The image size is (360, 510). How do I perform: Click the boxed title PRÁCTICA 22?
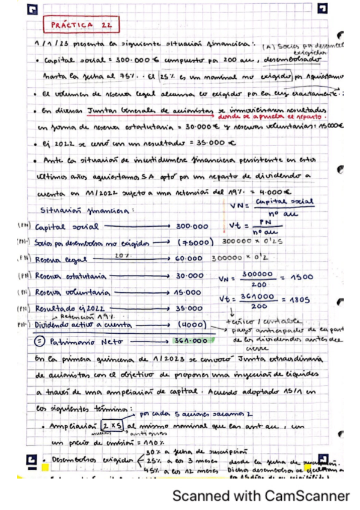click(x=81, y=25)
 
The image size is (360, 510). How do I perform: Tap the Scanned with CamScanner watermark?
click(x=261, y=496)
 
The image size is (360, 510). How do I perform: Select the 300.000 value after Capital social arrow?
click(x=192, y=227)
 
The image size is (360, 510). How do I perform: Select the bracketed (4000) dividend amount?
click(x=195, y=325)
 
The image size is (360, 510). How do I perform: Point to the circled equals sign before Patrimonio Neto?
click(x=38, y=341)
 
